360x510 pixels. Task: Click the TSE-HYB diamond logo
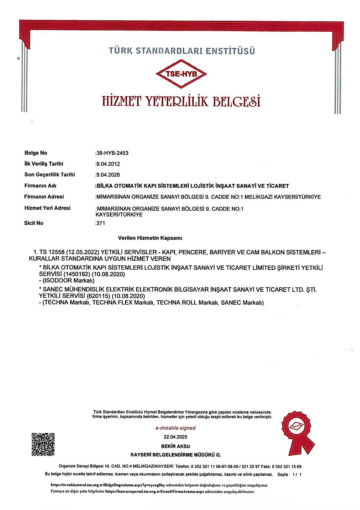181,74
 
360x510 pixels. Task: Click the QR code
43,444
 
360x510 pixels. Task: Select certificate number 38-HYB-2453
112,153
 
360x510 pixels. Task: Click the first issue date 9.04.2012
108,164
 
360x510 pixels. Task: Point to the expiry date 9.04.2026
108,175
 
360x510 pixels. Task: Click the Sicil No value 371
100,223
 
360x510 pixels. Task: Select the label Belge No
36,153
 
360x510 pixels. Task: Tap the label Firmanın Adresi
44,197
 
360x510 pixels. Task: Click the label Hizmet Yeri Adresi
47,208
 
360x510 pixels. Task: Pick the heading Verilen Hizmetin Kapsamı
150,238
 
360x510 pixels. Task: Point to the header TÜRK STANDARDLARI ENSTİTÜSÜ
182,51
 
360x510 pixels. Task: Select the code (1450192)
76,274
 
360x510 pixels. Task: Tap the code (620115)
98,296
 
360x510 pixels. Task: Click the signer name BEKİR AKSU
176,446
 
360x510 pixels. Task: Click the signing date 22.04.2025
176,437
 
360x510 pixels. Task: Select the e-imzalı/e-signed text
176,428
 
